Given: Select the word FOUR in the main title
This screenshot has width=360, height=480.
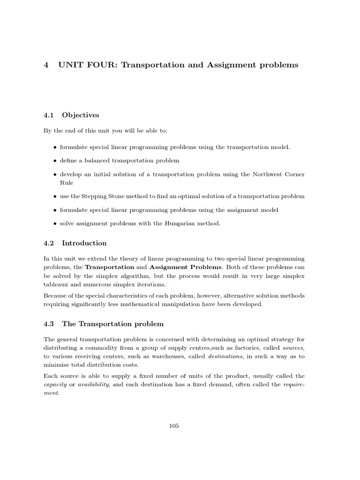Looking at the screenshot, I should pos(104,65).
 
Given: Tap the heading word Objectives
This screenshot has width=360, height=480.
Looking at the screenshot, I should pos(81,115).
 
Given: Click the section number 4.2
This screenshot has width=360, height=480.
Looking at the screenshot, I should pos(49,243).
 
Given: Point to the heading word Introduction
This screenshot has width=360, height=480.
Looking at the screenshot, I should pos(84,243).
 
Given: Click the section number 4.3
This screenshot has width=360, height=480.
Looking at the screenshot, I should pos(49,324).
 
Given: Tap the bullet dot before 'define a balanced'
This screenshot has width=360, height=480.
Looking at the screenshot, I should pos(55,161).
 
